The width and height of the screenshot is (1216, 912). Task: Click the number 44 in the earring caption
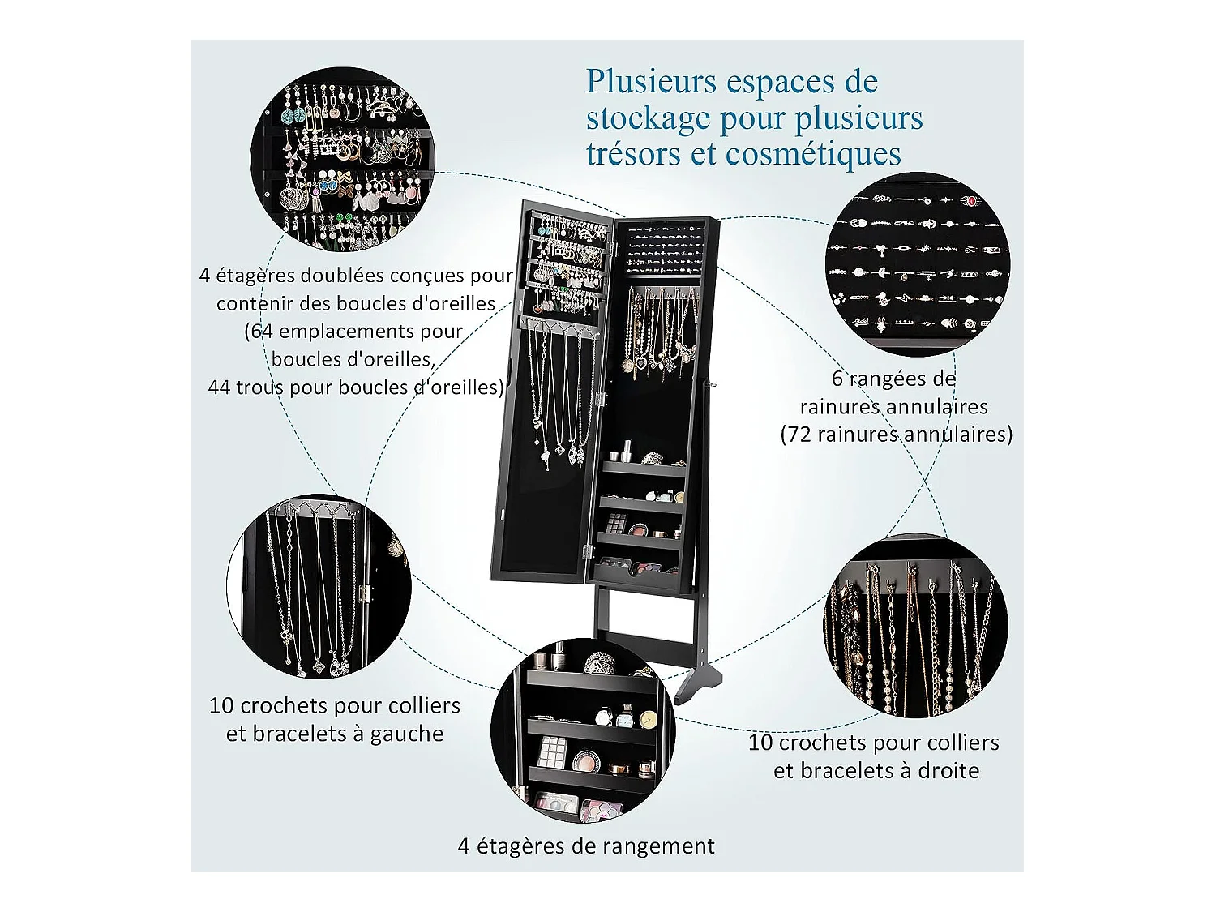[x=220, y=387]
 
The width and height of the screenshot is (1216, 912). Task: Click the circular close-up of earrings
[x=342, y=160]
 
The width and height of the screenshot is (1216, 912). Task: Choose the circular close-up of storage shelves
[x=583, y=730]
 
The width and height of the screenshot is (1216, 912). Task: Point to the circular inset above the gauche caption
[x=319, y=586]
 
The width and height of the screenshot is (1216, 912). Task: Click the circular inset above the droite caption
[x=915, y=626]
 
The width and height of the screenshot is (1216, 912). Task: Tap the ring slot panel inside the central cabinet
[x=664, y=249]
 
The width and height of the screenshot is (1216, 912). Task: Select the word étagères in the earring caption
[x=246, y=276]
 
